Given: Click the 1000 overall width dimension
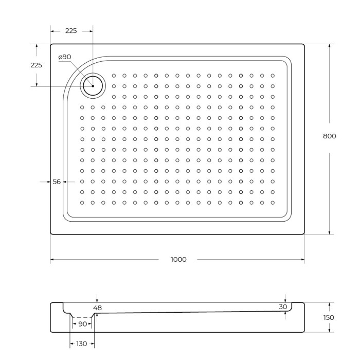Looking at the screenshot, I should [x=178, y=259].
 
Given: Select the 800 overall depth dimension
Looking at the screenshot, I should [x=329, y=136].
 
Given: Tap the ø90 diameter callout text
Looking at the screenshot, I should [x=64, y=57].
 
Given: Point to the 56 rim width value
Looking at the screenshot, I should [x=57, y=182].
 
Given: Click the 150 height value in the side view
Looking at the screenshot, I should [x=329, y=317].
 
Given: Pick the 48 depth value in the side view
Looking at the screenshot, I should [x=98, y=308].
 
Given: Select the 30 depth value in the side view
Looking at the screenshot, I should [x=283, y=307].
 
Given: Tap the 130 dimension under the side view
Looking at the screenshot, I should [x=81, y=344].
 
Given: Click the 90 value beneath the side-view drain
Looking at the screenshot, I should [x=82, y=324].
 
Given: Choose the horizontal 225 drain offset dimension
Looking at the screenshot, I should [x=71, y=31].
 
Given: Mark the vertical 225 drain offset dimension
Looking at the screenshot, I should [x=37, y=65].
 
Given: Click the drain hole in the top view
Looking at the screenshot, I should [x=93, y=85].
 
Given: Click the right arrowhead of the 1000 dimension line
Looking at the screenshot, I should [x=302, y=260].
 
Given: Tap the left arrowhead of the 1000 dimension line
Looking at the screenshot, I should [x=52, y=260].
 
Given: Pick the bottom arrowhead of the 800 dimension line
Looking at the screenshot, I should [x=329, y=232].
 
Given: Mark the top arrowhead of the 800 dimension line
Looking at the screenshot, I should [x=329, y=46].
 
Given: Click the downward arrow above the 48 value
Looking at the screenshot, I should [x=97, y=300].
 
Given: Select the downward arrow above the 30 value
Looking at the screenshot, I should [x=285, y=300].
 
